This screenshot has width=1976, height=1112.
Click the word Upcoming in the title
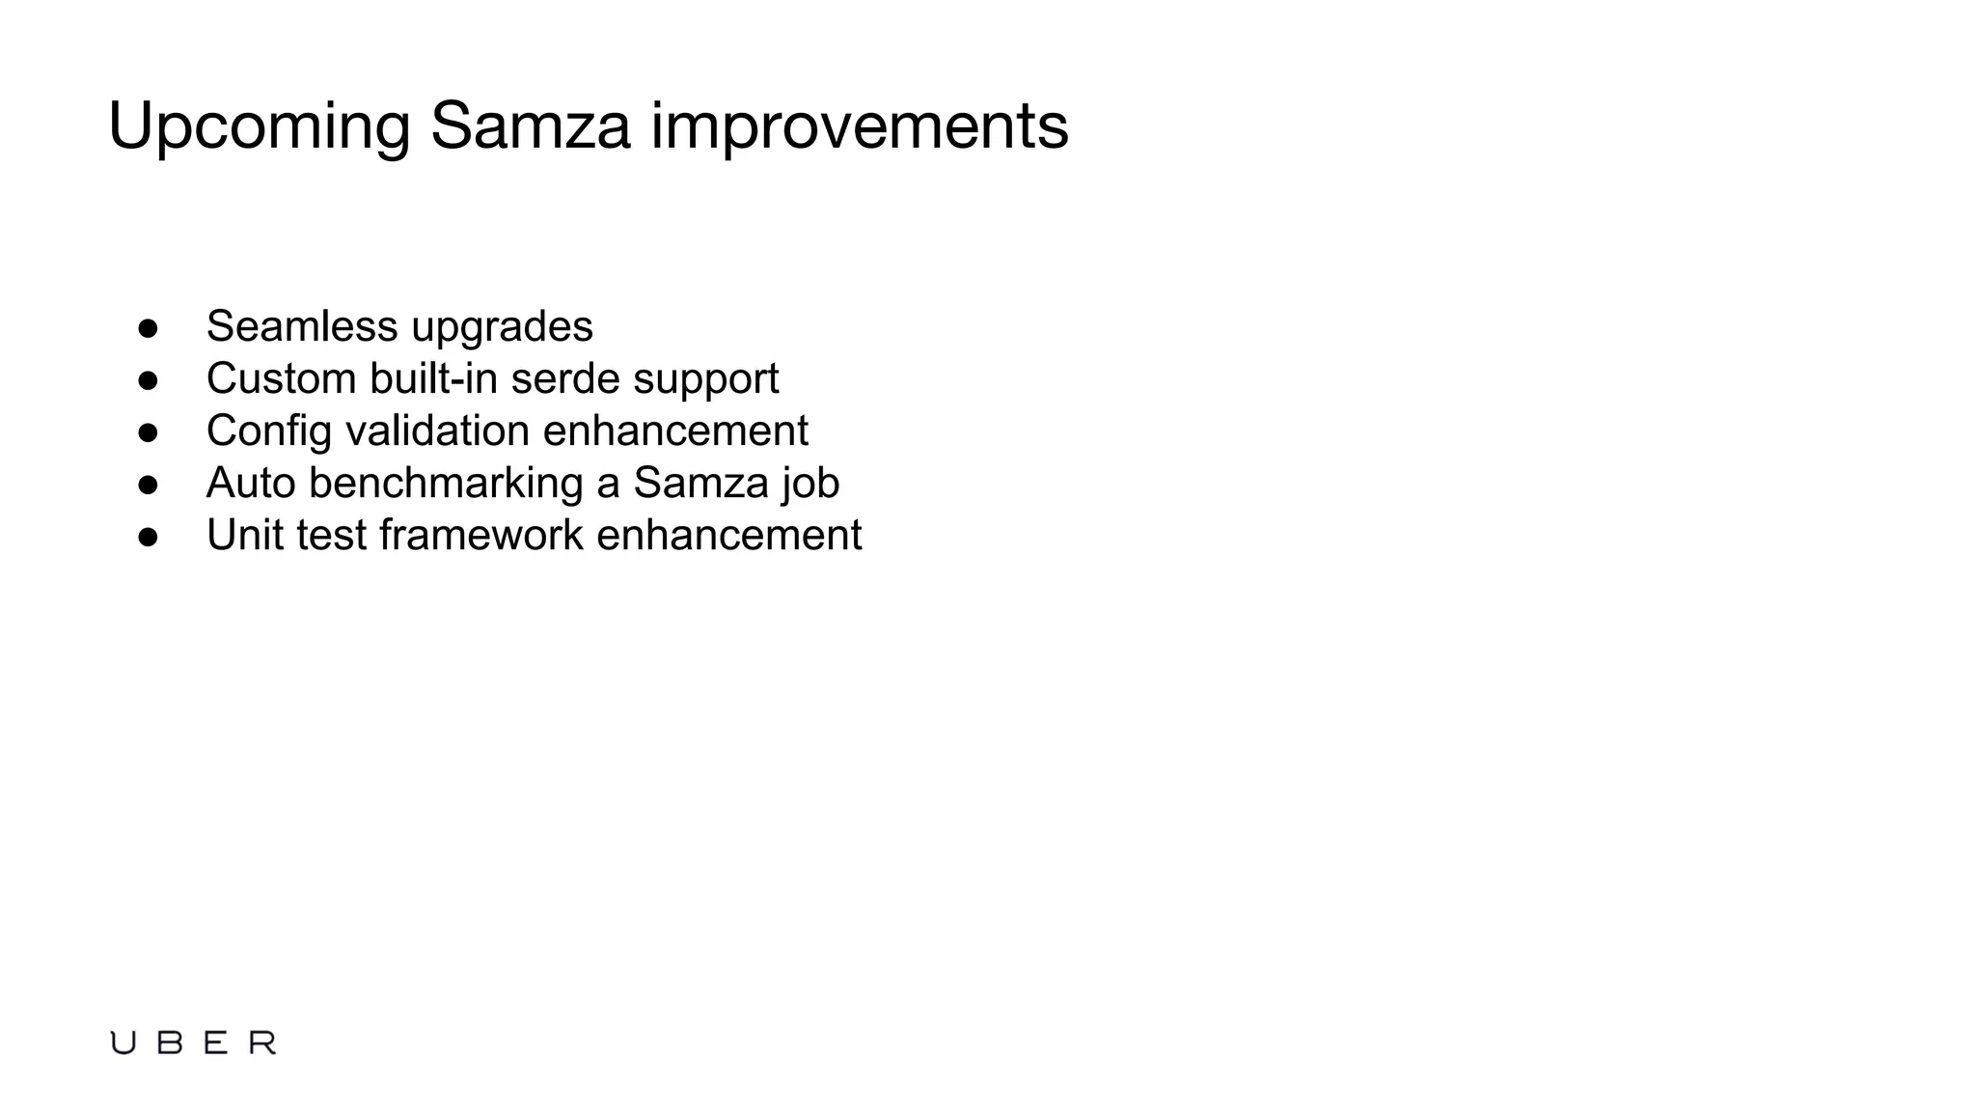pos(259,126)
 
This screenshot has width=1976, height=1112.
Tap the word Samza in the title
pos(530,126)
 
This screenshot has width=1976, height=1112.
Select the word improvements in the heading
pos(860,126)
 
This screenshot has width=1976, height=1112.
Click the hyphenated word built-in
pos(433,378)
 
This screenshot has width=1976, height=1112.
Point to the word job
pos(810,483)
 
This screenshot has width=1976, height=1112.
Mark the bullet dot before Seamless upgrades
pos(148,328)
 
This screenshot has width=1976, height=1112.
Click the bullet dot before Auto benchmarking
pos(148,485)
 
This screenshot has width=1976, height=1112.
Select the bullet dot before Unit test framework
pos(148,537)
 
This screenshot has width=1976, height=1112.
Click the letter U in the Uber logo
pos(123,1042)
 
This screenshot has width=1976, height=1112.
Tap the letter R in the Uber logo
pos(262,1042)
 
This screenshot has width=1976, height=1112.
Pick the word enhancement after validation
pos(675,431)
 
